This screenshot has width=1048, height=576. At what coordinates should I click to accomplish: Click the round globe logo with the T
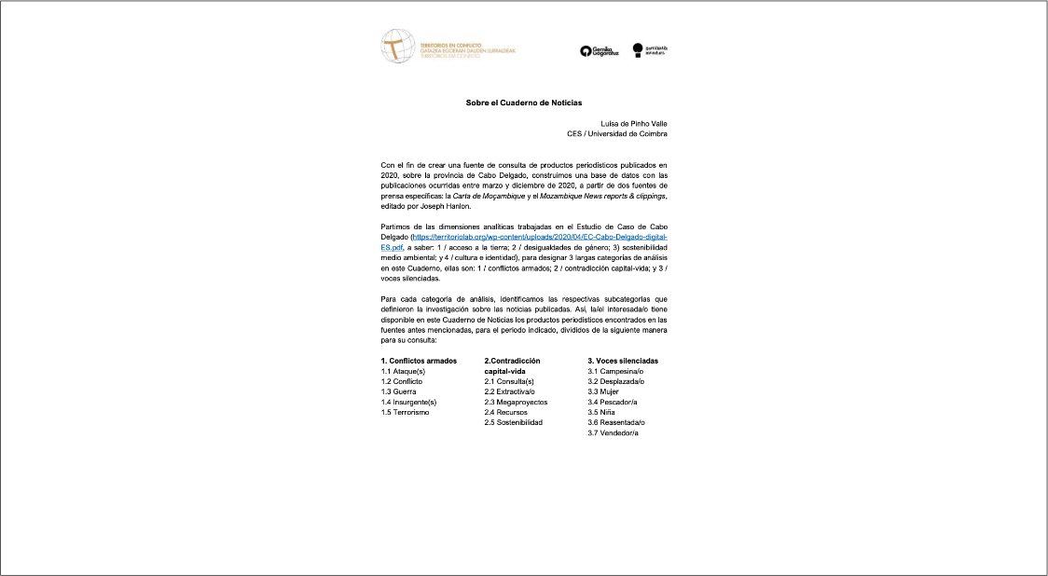point(398,46)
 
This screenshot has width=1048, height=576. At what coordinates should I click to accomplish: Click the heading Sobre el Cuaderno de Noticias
point(523,103)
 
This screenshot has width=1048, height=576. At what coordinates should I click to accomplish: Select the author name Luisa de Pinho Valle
point(633,123)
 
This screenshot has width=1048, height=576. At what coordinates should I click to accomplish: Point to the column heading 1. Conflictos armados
point(419,361)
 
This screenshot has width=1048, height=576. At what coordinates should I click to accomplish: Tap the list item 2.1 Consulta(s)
point(509,381)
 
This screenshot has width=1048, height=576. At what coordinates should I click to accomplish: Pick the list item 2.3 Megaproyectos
point(516,402)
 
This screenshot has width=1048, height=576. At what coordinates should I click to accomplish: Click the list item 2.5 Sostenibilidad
point(513,422)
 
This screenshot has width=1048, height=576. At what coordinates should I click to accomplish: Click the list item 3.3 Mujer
point(604,391)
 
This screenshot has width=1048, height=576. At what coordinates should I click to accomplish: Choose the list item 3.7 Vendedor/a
point(614,432)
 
